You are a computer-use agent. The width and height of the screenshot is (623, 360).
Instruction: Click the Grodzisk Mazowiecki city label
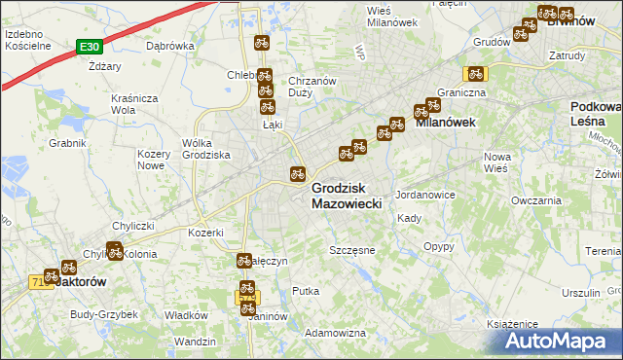pos(351,196)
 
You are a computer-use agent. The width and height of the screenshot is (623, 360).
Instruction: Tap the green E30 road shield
pos(89,46)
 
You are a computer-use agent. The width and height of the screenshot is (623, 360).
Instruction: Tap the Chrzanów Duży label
pos(312,87)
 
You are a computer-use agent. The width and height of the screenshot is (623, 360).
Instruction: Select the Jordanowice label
pos(425,195)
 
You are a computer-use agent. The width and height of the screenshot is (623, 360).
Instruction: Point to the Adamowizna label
pos(335,333)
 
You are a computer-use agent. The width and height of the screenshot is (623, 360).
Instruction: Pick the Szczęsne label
pos(352,250)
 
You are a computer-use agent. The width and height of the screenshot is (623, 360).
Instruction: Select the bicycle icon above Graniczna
pos(476,73)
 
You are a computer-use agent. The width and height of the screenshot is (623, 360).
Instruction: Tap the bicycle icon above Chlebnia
pos(261,42)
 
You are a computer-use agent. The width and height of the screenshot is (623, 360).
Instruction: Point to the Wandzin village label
pos(196,342)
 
